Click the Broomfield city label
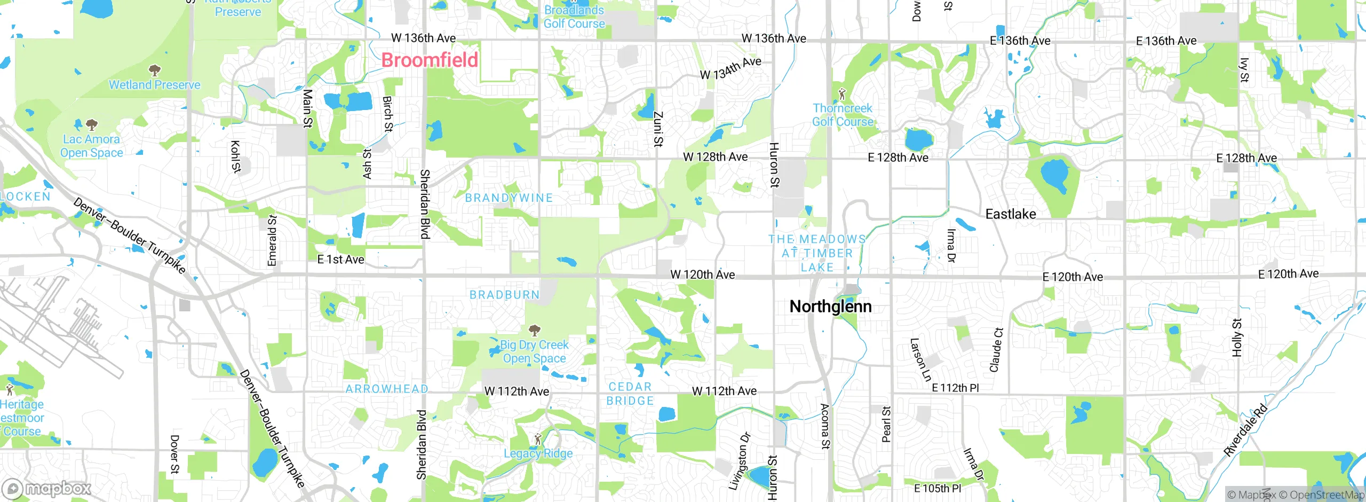tap(430, 60)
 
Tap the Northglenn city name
tap(830, 307)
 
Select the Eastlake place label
tap(1010, 214)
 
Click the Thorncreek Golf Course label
tap(843, 115)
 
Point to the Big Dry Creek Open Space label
tap(534, 351)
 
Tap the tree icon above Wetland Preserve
tap(155, 70)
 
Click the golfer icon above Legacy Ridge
tap(538, 440)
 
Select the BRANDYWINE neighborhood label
tap(509, 198)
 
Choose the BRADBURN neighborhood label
tap(504, 295)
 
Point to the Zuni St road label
tap(658, 129)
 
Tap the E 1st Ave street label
tap(340, 260)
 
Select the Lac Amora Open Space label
tap(91, 146)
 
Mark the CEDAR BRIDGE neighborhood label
tap(630, 394)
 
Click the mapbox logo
tap(47, 488)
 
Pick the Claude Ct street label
tap(996, 350)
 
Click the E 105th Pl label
tap(937, 488)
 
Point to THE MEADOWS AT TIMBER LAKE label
tap(816, 253)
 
